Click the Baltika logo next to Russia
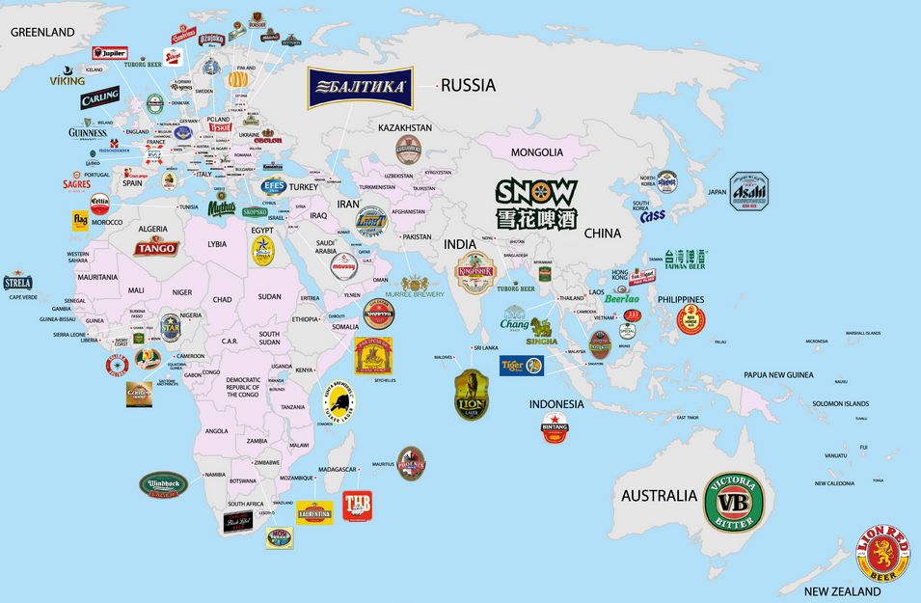click(360, 88)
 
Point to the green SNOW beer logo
click(536, 204)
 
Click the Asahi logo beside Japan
click(747, 190)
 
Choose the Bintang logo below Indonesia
click(555, 427)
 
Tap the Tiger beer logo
click(521, 366)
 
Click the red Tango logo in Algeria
click(154, 247)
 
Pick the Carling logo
click(99, 97)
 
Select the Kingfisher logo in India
click(474, 272)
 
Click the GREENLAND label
click(41, 32)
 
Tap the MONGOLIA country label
click(536, 152)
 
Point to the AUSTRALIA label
click(659, 496)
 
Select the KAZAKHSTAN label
click(404, 127)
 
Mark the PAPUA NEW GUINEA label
click(778, 374)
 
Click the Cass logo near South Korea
click(653, 215)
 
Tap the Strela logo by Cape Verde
click(17, 283)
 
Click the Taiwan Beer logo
click(685, 259)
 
